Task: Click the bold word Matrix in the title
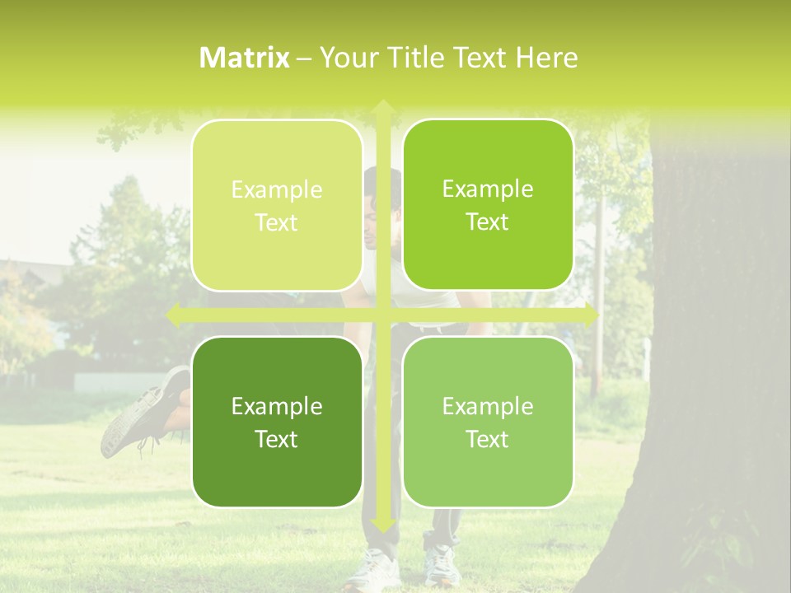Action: [x=245, y=57]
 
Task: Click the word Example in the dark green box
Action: [x=277, y=406]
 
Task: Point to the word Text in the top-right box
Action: [x=488, y=222]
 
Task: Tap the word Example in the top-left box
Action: [x=277, y=189]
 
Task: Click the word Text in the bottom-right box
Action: [x=488, y=439]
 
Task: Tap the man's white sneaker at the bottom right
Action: [x=441, y=564]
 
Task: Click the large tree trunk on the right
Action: [x=717, y=371]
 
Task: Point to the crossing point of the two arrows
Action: [x=382, y=315]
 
